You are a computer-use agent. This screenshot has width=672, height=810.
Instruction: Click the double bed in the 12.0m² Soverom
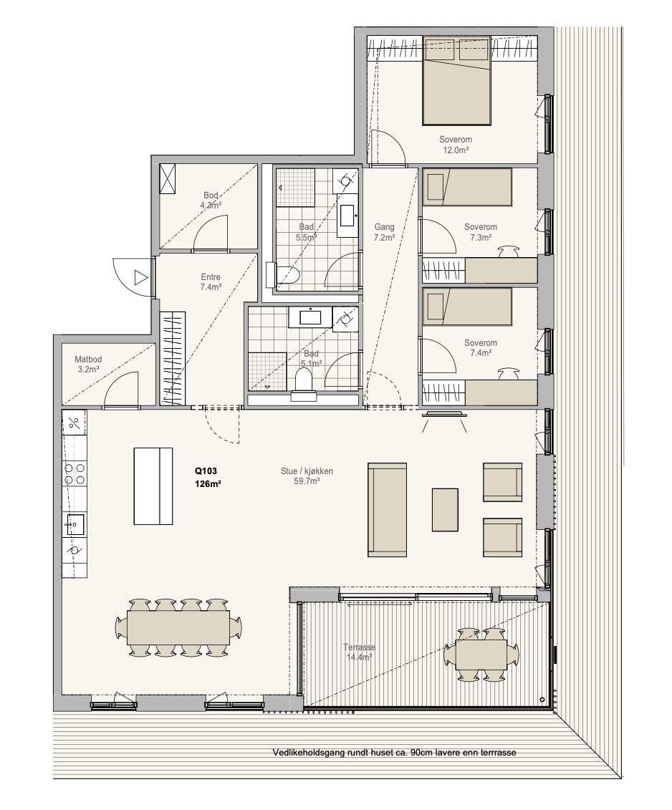tap(456, 81)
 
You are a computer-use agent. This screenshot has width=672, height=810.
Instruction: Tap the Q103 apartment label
tap(206, 471)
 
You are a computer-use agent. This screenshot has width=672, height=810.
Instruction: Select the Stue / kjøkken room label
tap(307, 471)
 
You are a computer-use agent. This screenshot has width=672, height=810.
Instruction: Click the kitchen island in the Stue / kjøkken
tap(153, 486)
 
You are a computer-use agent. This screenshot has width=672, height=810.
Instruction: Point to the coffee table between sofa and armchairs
tap(445, 509)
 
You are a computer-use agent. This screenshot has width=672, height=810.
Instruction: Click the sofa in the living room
tap(387, 509)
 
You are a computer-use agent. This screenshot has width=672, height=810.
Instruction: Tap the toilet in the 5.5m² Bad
tap(282, 274)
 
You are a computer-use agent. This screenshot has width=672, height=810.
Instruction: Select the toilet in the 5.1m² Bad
tap(304, 387)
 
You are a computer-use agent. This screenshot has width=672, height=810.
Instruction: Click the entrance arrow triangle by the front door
tap(140, 277)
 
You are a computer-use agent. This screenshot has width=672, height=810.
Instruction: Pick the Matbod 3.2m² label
tap(88, 365)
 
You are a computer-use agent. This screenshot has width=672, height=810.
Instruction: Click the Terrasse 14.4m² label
tap(359, 652)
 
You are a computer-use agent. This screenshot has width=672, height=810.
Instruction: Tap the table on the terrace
tap(481, 654)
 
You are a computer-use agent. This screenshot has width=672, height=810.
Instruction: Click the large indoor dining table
tap(179, 627)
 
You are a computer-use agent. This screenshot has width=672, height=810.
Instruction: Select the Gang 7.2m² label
tap(384, 232)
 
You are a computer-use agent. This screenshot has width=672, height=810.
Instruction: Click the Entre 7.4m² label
tap(211, 282)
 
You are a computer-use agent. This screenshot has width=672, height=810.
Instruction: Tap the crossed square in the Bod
tap(168, 178)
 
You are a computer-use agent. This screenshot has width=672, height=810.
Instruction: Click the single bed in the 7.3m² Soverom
tap(468, 187)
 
